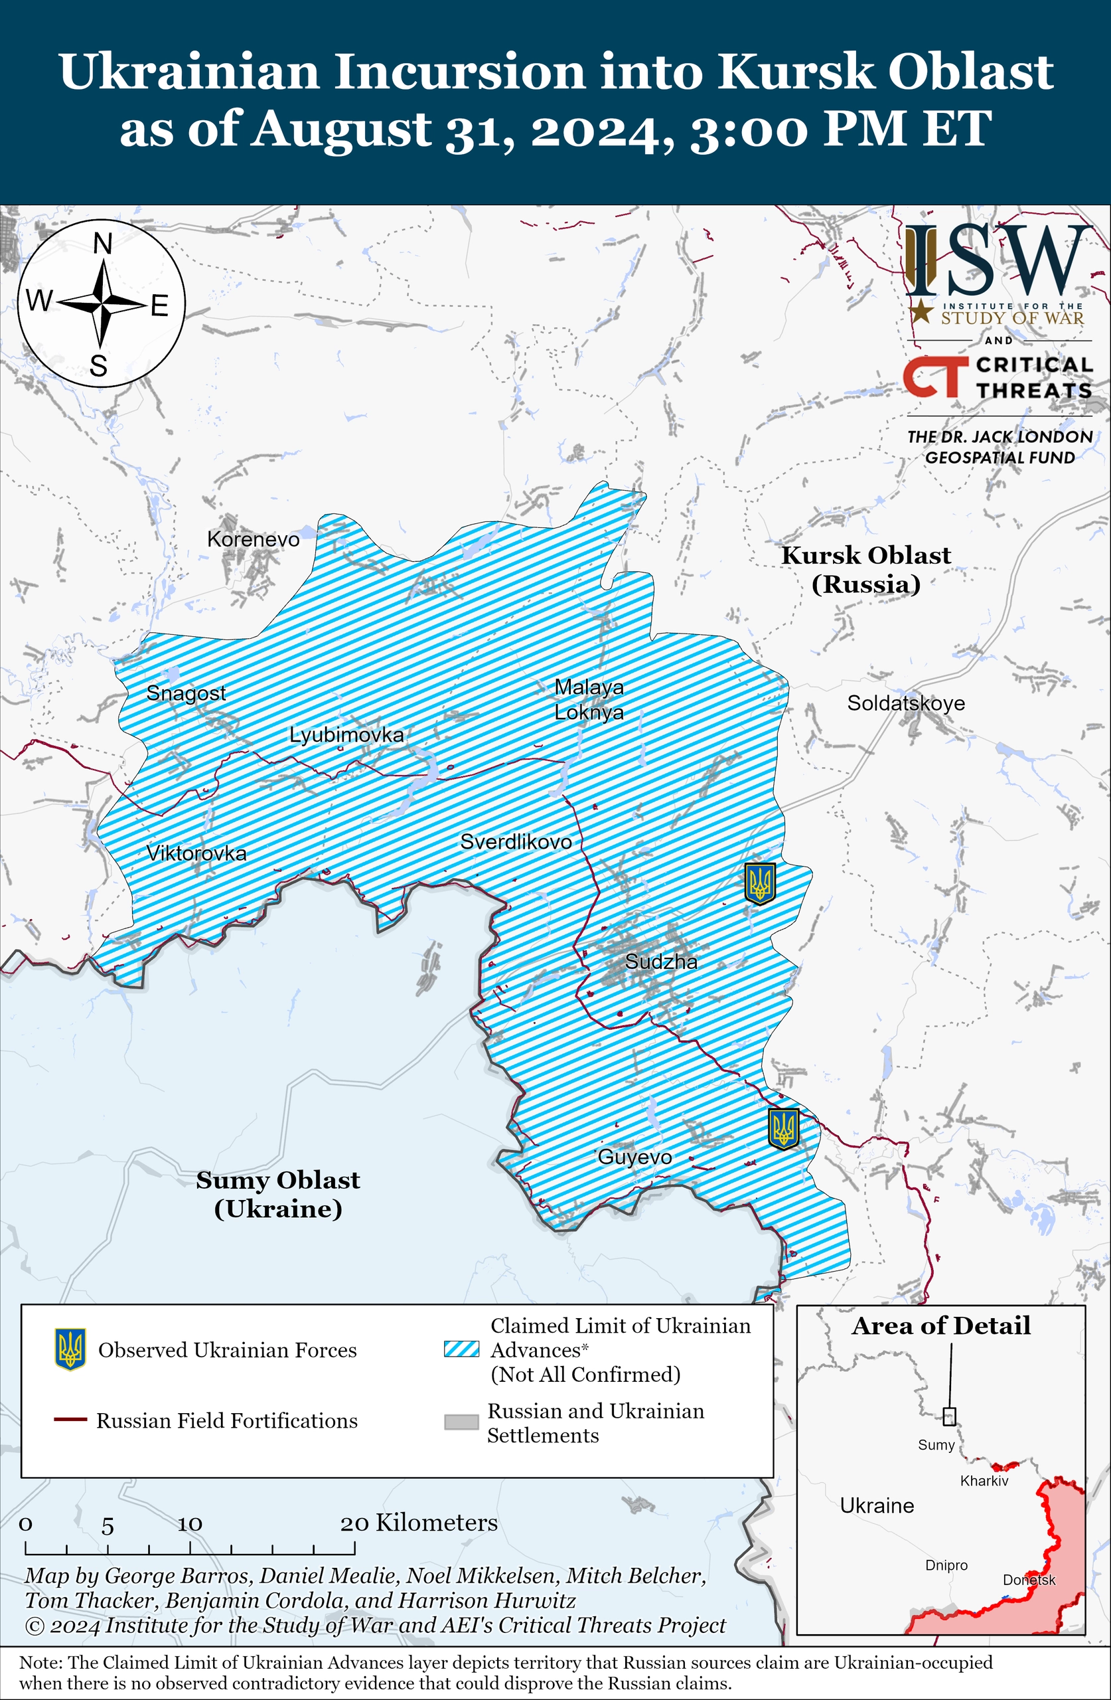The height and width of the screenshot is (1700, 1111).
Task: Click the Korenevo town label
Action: [253, 539]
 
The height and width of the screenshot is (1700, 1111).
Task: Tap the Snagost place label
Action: [186, 692]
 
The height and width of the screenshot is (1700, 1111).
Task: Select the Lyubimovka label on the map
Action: [346, 734]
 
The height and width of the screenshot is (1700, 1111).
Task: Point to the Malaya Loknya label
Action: [589, 699]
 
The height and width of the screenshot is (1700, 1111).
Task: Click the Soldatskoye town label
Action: [905, 703]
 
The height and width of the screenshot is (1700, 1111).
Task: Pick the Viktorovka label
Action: [196, 853]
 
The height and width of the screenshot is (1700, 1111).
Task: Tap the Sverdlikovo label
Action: [516, 841]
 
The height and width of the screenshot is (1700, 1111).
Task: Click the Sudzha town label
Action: [661, 962]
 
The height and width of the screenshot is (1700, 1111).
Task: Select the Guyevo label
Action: [634, 1156]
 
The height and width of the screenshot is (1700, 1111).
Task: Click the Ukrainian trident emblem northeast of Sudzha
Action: [760, 884]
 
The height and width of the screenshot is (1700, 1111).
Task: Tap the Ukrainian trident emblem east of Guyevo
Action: [783, 1128]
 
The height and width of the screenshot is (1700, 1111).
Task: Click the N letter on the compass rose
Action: [103, 244]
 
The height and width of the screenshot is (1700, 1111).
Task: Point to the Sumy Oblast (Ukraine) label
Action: [277, 1193]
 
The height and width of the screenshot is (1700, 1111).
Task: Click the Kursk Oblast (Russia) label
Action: [865, 569]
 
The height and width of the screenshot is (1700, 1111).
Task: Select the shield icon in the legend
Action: [70, 1349]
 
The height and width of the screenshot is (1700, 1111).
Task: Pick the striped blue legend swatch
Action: [461, 1349]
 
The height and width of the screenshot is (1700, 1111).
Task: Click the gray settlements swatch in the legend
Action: [461, 1422]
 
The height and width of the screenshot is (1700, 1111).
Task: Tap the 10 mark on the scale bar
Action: [190, 1524]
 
